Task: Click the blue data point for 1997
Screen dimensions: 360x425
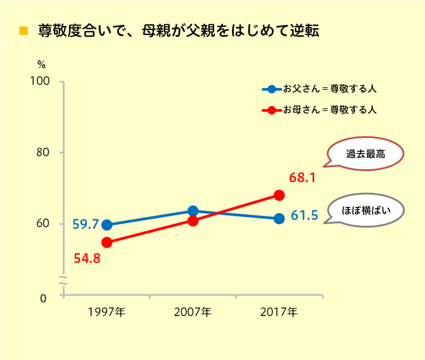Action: [107, 225]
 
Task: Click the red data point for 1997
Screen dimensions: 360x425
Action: [107, 242]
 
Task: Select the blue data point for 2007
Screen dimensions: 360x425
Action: [193, 211]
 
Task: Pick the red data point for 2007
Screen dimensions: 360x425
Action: [193, 221]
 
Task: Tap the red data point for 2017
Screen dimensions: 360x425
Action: [279, 195]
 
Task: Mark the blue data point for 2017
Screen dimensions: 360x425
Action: [279, 218]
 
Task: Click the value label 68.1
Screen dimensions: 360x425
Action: [302, 178]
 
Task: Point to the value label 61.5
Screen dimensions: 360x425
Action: [304, 216]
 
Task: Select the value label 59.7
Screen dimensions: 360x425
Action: [85, 224]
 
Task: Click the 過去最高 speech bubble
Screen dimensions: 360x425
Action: [365, 154]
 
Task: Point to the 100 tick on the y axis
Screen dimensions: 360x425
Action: [40, 81]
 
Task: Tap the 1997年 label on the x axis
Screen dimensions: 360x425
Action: [107, 312]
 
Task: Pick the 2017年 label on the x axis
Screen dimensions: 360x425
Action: [279, 312]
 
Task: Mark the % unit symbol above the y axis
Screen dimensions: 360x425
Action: [41, 65]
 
